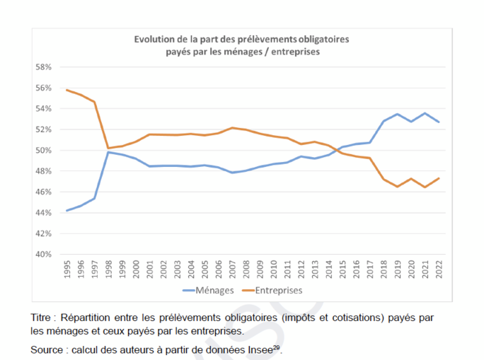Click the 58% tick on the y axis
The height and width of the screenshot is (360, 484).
pos(44,67)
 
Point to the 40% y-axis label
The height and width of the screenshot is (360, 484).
pos(44,254)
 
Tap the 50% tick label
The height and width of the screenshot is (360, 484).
pos(44,151)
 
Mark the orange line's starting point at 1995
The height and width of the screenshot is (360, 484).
pos(67,90)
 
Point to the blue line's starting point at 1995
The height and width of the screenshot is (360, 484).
pos(67,210)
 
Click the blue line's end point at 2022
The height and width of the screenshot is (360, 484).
pos(439,122)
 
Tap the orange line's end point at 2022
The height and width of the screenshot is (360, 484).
pos(439,178)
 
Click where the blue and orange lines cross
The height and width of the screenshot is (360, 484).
pos(340,149)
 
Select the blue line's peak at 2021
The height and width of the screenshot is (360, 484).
pos(425,113)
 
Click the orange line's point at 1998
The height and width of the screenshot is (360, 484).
pos(108,149)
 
